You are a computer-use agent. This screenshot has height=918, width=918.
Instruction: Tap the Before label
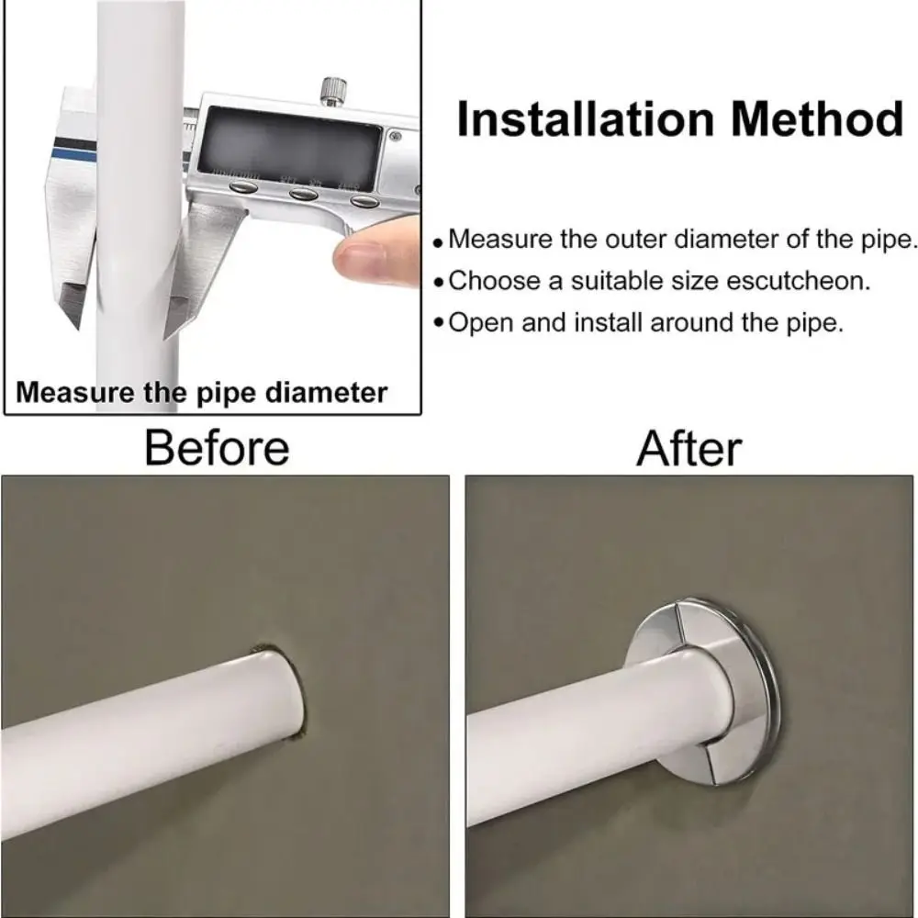(217, 448)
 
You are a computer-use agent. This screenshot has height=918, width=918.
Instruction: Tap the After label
(689, 448)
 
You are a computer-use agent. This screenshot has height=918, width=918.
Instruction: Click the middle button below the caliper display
(303, 194)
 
